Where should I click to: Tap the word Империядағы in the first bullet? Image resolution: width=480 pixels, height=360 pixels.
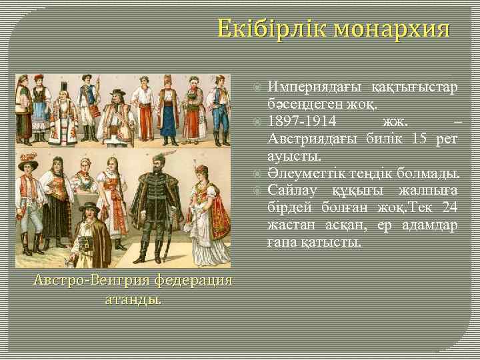314,88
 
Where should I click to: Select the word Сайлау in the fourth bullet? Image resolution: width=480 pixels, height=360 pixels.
292,192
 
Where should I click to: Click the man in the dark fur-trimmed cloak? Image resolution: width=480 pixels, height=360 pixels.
157,207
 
